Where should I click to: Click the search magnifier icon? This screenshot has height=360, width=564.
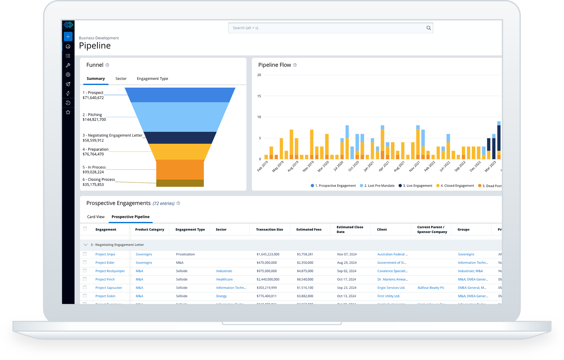pos(428,28)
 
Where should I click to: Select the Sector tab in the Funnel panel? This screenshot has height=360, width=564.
pos(121,79)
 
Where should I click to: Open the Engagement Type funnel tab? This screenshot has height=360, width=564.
pos(152,79)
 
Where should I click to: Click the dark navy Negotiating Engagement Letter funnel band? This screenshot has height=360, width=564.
pos(180,138)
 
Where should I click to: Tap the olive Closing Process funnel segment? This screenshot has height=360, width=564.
pos(180,183)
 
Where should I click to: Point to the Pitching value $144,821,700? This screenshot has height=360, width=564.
pos(94,120)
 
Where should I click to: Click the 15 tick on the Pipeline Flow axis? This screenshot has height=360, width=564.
pos(259,96)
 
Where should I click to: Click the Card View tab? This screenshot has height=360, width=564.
pos(96,217)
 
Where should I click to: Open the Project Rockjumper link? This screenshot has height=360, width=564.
pos(110,271)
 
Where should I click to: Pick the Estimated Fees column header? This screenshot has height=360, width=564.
pos(309,230)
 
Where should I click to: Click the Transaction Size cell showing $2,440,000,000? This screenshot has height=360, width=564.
pos(268,279)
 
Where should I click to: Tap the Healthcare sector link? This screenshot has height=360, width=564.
pos(224,279)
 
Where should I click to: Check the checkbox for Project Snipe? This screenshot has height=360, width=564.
pos(85,254)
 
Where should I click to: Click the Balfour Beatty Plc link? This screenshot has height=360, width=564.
pos(431,288)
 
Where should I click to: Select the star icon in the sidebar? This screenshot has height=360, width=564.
pos(68,112)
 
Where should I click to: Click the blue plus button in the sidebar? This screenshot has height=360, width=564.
pos(68,37)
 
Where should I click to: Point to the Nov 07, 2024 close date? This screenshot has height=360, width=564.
pos(347,254)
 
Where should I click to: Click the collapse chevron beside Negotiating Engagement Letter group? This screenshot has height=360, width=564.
pos(85,245)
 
